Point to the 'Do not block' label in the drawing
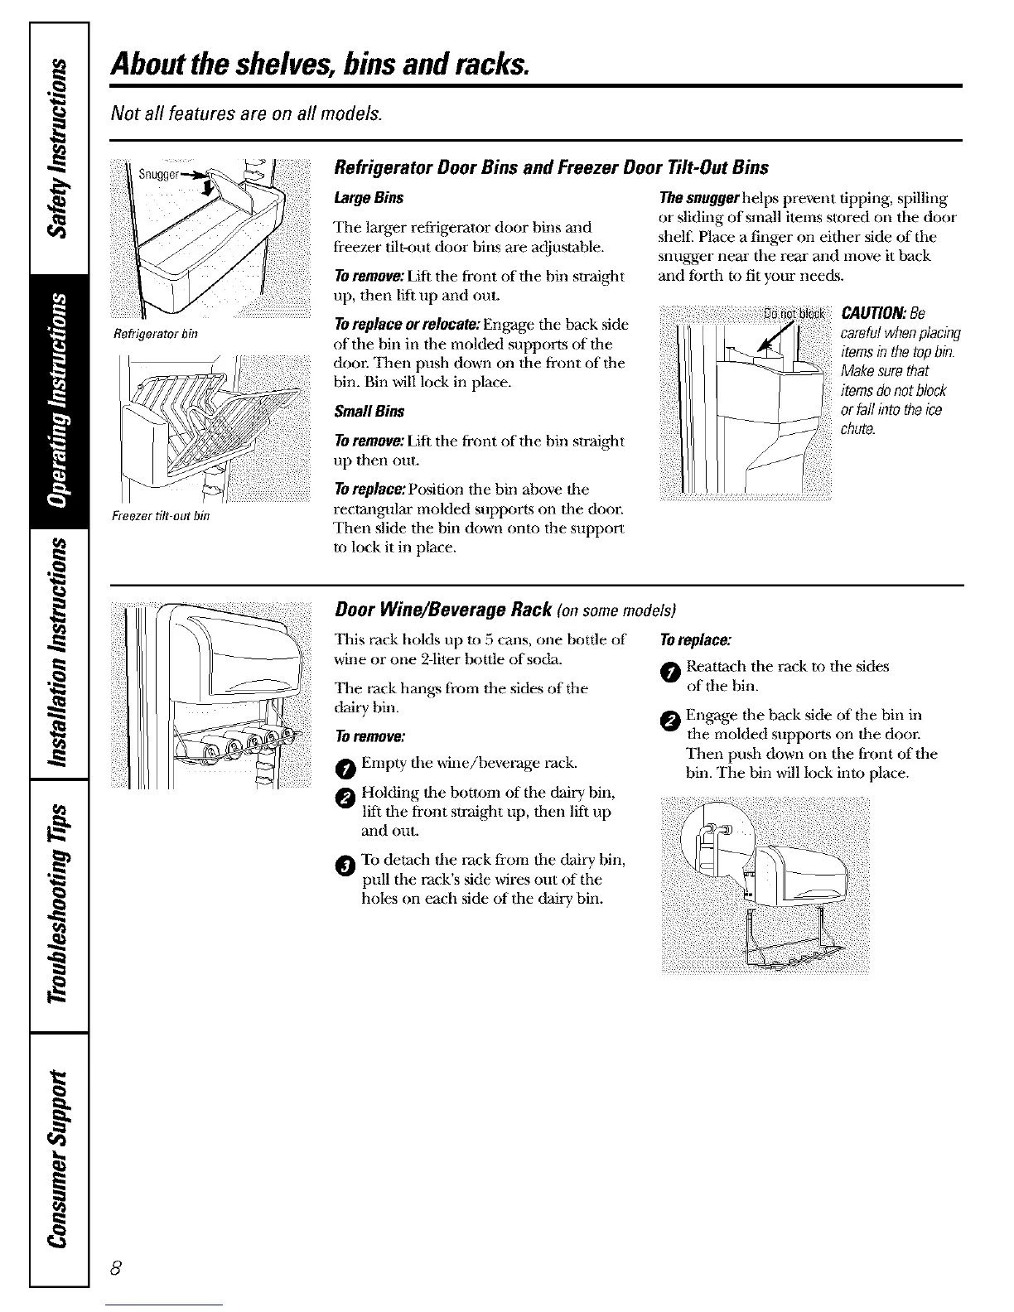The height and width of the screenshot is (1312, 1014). [x=793, y=313]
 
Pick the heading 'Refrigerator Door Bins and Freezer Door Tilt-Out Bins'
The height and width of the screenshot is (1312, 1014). [x=551, y=168]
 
